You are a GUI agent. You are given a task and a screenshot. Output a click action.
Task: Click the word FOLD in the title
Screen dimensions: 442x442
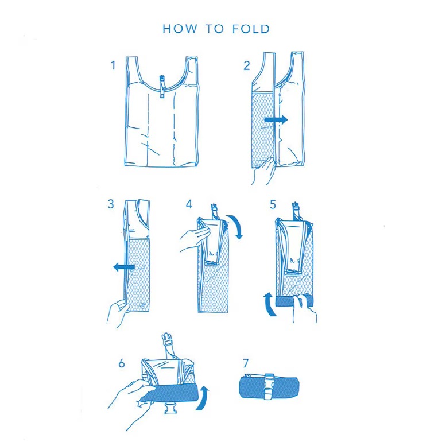[x=251, y=29]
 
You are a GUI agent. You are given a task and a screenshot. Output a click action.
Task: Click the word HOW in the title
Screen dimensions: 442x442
[x=180, y=29]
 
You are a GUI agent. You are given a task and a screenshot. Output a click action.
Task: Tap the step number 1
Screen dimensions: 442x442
[x=113, y=65]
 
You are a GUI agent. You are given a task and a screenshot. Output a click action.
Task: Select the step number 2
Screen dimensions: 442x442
[x=247, y=65]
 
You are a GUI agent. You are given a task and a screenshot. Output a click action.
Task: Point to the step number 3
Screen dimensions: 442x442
[x=111, y=204]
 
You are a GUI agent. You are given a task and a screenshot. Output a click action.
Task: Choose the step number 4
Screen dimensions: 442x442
[x=189, y=204]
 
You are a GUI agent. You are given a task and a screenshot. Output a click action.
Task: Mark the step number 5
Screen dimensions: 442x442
[x=273, y=204]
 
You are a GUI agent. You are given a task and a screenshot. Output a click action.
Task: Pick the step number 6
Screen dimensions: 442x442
[x=122, y=363]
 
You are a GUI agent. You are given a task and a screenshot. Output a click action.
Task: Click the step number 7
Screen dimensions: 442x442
[x=245, y=363]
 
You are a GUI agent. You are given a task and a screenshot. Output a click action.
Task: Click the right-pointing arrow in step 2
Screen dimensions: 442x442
[x=276, y=119]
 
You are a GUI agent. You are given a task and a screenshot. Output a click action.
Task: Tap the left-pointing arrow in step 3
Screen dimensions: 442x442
[x=124, y=266]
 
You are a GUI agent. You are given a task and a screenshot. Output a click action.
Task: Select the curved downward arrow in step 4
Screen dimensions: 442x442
[x=236, y=226]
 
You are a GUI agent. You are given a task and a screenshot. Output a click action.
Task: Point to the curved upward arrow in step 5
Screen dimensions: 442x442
[x=270, y=304]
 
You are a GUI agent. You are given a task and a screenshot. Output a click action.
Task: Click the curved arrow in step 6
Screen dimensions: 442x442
[x=203, y=398]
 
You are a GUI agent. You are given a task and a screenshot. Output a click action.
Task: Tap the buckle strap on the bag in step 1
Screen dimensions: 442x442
[x=162, y=86]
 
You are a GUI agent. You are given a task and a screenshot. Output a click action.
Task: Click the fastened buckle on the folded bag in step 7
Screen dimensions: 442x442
[x=269, y=386]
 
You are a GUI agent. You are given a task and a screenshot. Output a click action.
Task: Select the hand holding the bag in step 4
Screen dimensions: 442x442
[x=195, y=239]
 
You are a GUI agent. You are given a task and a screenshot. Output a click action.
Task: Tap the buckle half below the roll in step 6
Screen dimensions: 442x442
[x=170, y=408]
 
